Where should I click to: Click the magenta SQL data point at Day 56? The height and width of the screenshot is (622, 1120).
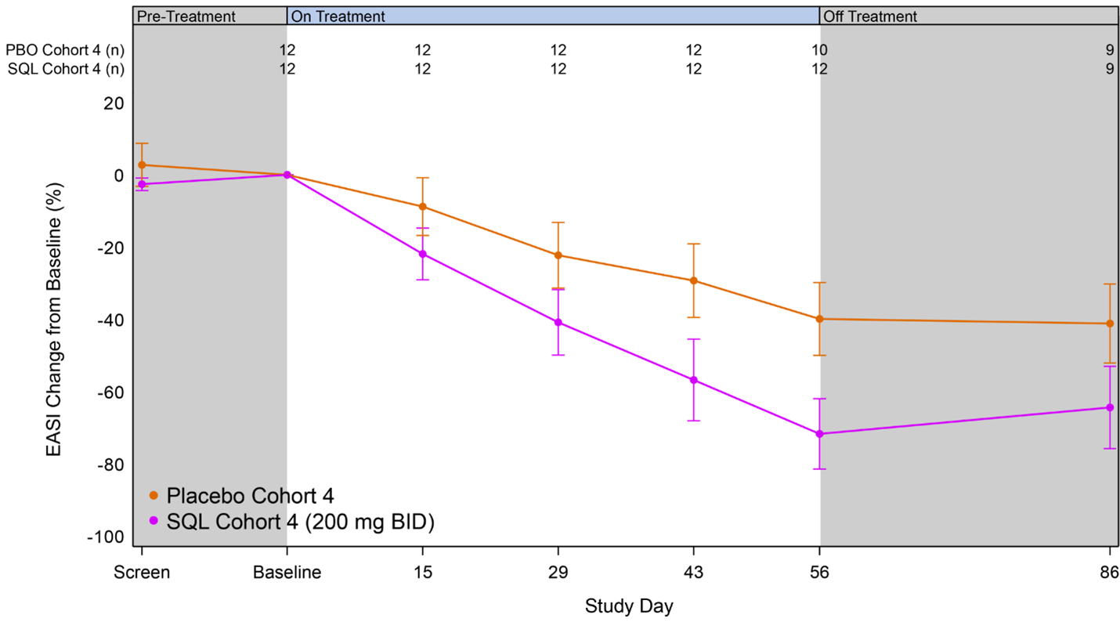pos(819,434)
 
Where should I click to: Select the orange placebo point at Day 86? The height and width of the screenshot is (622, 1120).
pos(1110,324)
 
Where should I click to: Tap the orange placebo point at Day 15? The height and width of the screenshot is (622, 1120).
pos(423,207)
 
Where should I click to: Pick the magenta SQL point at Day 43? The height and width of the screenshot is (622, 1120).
pos(693,380)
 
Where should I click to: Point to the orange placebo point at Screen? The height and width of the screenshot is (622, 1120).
pos(142,165)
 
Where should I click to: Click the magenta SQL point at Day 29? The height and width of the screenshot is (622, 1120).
pos(558,322)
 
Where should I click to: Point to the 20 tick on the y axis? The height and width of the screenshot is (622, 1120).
pos(114,103)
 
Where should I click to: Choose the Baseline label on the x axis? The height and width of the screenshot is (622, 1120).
pos(287,572)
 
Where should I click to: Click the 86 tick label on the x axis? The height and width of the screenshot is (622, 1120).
pos(1110,572)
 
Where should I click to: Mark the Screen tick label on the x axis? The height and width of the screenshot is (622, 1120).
pos(142,572)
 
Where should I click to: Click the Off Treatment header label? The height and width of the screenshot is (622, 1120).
pos(870,16)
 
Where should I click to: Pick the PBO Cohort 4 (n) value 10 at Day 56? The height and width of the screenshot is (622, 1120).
pos(819,50)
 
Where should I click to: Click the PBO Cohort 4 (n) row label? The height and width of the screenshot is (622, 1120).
pos(66,50)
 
